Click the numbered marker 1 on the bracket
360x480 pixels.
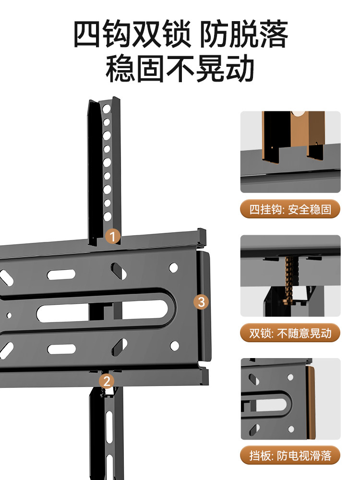(113, 236)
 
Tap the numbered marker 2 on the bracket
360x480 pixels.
(107, 381)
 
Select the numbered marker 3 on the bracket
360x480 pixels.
(202, 302)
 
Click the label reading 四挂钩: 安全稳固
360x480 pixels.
(290, 210)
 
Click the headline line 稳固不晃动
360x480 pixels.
(180, 69)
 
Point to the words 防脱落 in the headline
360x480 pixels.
(244, 34)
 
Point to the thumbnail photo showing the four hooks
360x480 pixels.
(290, 152)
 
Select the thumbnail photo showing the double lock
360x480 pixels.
(290, 276)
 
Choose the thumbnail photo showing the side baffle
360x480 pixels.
(290, 399)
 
